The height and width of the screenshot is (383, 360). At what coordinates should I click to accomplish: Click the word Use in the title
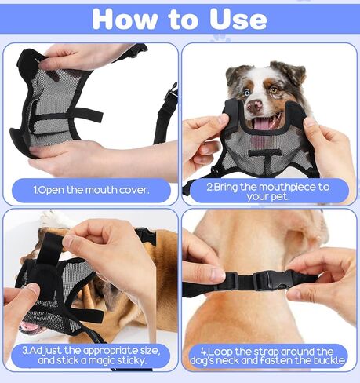pyautogui.click(x=238, y=19)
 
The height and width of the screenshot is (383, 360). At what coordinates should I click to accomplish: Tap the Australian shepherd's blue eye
pyautogui.click(x=247, y=93)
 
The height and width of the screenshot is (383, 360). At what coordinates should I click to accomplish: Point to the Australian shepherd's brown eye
pyautogui.click(x=273, y=90)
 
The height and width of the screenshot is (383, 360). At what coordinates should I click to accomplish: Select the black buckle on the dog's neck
pyautogui.click(x=272, y=280)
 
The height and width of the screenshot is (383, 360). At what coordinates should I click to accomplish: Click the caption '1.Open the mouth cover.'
pyautogui.click(x=91, y=190)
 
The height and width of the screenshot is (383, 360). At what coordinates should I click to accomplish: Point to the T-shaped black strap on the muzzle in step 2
pyautogui.click(x=264, y=157)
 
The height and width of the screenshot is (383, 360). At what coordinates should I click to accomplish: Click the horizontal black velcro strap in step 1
pyautogui.click(x=67, y=116)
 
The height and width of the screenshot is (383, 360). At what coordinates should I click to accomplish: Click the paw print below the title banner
pyautogui.click(x=221, y=38)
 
